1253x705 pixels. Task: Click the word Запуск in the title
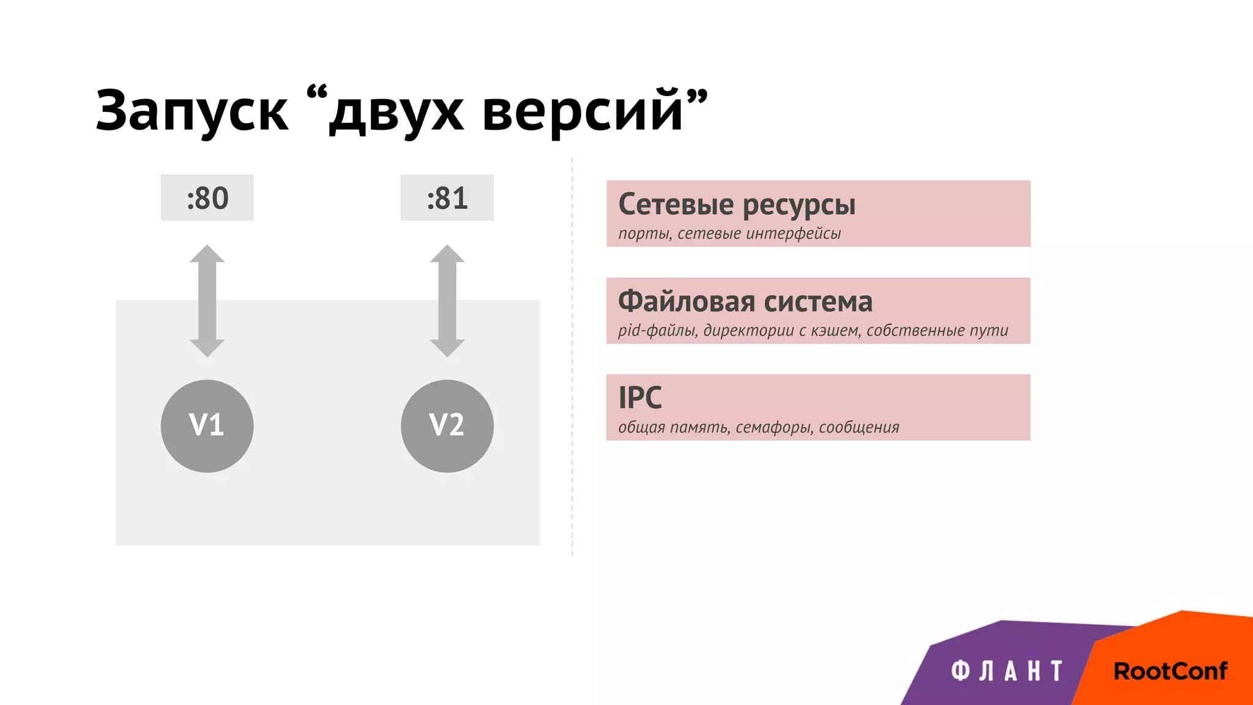pyautogui.click(x=191, y=112)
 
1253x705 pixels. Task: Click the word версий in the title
pyautogui.click(x=582, y=112)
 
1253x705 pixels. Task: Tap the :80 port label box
pyautogui.click(x=207, y=198)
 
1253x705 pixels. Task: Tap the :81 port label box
pyautogui.click(x=447, y=198)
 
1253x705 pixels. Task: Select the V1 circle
pyautogui.click(x=207, y=426)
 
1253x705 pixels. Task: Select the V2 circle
pyautogui.click(x=447, y=426)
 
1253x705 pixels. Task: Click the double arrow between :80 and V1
pyautogui.click(x=207, y=300)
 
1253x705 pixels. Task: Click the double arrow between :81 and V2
pyautogui.click(x=447, y=300)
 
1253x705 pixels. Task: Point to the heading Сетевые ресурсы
pyautogui.click(x=737, y=205)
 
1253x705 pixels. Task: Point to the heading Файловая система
pyautogui.click(x=745, y=302)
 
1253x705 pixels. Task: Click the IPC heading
pyautogui.click(x=640, y=398)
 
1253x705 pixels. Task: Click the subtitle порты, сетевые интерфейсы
pyautogui.click(x=729, y=234)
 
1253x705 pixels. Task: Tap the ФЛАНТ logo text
pyautogui.click(x=1006, y=671)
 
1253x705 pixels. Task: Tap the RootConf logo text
pyautogui.click(x=1170, y=671)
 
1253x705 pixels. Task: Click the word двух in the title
pyautogui.click(x=396, y=112)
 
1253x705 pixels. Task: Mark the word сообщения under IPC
pyautogui.click(x=858, y=427)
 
